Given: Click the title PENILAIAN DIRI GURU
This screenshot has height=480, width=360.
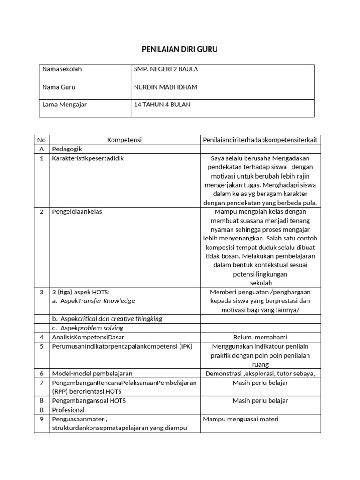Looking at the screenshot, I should (180, 49).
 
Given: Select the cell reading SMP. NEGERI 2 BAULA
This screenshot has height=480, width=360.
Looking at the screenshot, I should (166, 69).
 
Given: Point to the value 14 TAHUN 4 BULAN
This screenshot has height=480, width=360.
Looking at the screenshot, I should (162, 105).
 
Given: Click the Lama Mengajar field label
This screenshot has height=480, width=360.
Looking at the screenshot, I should (64, 105).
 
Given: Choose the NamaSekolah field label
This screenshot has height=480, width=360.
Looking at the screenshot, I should (62, 69).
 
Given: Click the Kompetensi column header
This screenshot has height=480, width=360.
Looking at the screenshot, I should (124, 140).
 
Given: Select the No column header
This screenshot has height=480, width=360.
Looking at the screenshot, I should (42, 140).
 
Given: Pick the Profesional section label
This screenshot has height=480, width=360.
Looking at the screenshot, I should (68, 410).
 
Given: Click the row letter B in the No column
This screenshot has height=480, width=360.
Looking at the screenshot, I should (42, 410).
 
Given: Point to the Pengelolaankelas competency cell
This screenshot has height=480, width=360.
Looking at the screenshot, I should (77, 212).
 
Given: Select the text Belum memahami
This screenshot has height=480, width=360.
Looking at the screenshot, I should (260, 337).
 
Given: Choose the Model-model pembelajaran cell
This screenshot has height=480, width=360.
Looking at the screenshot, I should (92, 374).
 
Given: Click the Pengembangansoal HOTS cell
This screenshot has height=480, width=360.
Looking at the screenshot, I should (89, 401).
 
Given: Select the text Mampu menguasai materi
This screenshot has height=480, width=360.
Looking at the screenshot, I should (240, 419).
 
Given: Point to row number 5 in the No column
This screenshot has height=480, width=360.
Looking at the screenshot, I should (42, 346).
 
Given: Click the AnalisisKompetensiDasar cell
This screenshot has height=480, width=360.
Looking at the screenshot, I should (88, 337).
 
